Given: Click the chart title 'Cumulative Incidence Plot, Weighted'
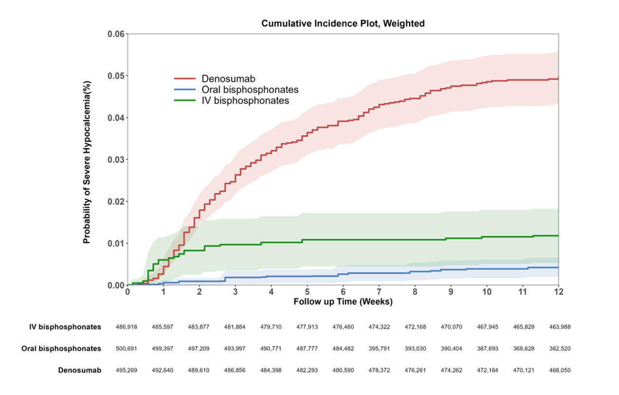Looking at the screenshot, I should click(x=343, y=23).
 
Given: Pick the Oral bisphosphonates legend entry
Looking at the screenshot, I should click(x=250, y=90).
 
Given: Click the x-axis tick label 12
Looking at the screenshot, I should click(x=558, y=292).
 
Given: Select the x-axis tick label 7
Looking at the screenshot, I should click(x=379, y=292).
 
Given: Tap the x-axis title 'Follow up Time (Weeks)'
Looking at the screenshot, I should click(x=343, y=302).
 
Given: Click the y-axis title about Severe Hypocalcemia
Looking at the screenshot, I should click(x=87, y=162).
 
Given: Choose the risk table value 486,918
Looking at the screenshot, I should click(x=127, y=327).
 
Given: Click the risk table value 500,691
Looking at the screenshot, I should click(x=127, y=349).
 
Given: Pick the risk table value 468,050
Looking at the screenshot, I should click(x=560, y=370).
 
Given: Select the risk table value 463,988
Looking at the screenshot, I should click(x=560, y=327).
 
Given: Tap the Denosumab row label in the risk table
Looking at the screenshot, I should click(x=80, y=370).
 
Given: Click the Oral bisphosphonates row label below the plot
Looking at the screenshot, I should click(x=61, y=349).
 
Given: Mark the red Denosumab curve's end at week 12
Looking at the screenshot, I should click(x=558, y=79).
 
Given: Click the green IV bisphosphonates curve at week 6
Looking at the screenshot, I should click(x=343, y=240).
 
